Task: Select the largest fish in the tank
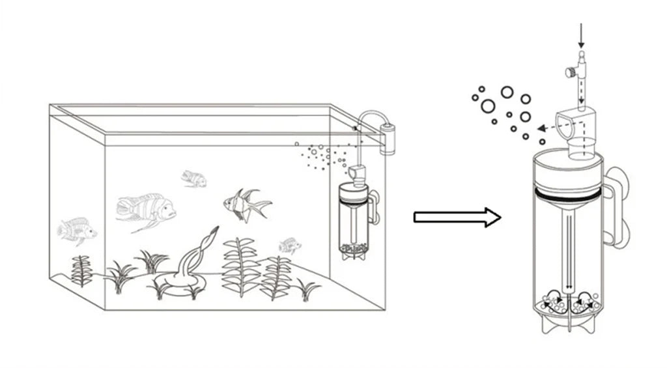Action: point(147,209)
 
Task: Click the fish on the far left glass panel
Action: point(76,229)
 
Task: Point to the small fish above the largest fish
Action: point(193,178)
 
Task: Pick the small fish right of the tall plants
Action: point(290,246)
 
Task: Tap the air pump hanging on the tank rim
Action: point(388,134)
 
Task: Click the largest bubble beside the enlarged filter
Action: point(487,106)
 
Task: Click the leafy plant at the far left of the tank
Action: point(81,270)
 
